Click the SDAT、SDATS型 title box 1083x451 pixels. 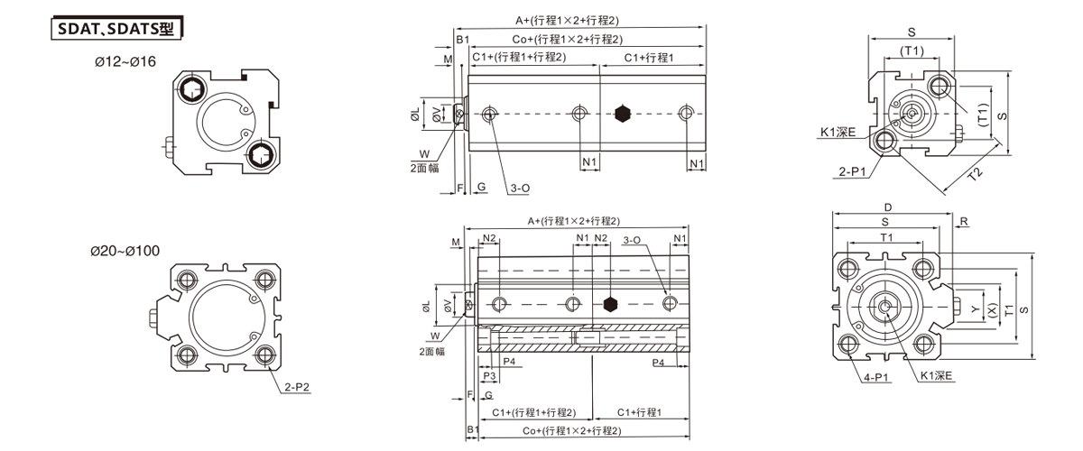click(x=117, y=29)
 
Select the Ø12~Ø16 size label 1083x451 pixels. click(x=125, y=62)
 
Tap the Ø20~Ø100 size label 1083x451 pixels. click(x=125, y=251)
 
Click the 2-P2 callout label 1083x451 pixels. click(x=296, y=387)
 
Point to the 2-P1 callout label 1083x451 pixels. click(x=852, y=171)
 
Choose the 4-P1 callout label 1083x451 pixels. click(x=876, y=377)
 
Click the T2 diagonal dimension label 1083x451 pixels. click(x=976, y=174)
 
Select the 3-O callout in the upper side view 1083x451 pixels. click(x=520, y=188)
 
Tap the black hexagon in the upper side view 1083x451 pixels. click(x=623, y=114)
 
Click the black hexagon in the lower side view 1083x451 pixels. click(x=611, y=305)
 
